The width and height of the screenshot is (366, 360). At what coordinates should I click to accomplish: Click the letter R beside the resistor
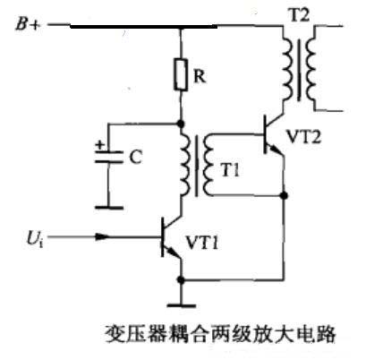click(202, 78)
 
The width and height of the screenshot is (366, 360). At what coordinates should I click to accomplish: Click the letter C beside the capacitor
click(135, 158)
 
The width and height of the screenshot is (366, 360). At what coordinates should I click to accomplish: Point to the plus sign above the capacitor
click(98, 142)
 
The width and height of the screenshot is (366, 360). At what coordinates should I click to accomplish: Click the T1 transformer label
click(232, 173)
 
